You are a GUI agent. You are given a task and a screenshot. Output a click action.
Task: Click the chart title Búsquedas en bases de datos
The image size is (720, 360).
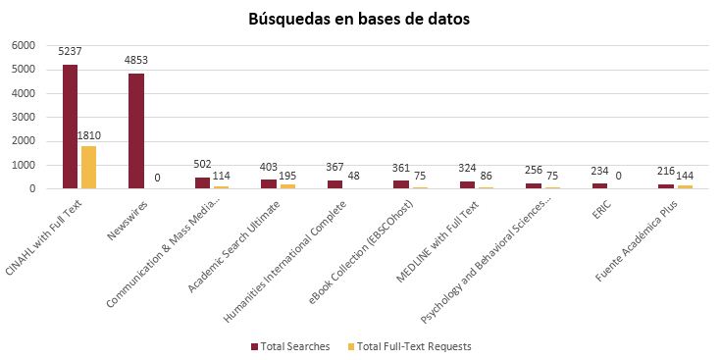coord(360,19)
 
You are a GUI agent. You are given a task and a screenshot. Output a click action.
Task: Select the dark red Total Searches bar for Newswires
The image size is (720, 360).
coord(136,131)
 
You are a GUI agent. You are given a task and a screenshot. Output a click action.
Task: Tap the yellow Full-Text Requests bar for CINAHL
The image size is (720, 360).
coord(88,167)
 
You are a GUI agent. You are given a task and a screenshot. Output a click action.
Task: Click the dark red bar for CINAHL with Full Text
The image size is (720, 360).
coord(70,127)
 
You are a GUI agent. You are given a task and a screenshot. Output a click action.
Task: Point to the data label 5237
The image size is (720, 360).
coord(70,51)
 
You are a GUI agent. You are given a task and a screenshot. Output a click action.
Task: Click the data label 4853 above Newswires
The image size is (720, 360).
coord(136,60)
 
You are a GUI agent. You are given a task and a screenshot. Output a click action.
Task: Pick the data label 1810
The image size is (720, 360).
coord(89,135)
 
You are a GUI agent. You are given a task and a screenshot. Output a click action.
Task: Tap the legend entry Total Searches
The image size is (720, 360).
coord(290,346)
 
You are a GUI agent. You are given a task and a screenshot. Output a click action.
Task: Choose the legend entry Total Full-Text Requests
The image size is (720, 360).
coord(410,346)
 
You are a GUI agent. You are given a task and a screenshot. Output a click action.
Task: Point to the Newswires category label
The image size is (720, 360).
coord(128,221)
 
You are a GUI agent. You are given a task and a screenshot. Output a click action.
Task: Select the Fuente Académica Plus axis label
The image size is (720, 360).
coord(637,242)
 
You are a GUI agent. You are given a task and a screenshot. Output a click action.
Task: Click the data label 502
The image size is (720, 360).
coord(202,165)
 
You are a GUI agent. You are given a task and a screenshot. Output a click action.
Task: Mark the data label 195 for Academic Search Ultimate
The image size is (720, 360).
coord(287,176)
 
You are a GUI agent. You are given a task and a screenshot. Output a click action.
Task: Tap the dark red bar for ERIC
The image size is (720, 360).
coord(600,186)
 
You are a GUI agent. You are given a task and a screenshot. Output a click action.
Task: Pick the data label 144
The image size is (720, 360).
coord(684,176)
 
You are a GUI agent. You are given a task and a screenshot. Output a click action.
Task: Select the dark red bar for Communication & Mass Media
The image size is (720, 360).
coord(202,182)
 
